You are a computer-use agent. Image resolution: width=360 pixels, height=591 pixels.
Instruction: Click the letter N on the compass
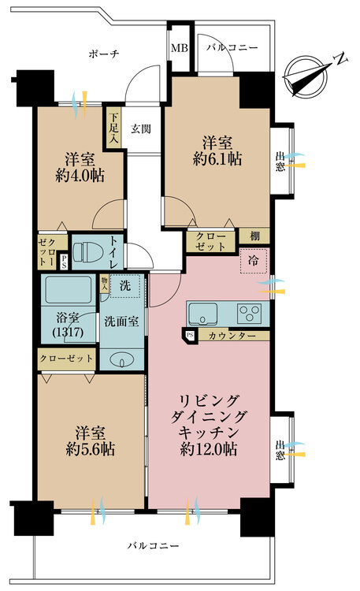click(x=341, y=60)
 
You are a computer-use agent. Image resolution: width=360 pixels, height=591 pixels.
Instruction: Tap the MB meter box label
click(x=179, y=48)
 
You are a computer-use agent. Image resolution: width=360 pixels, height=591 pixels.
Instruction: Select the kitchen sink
click(x=203, y=314)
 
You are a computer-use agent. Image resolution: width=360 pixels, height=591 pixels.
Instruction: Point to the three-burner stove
click(x=249, y=314)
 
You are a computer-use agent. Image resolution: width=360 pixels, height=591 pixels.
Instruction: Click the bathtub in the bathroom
click(x=69, y=290)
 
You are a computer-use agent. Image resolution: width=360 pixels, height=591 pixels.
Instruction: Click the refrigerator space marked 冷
click(x=254, y=261)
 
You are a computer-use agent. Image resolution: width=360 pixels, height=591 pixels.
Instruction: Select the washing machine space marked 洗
click(x=124, y=286)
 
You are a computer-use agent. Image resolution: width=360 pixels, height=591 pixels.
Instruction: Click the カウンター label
click(x=232, y=336)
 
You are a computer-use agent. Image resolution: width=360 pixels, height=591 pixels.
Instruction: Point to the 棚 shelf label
click(x=254, y=236)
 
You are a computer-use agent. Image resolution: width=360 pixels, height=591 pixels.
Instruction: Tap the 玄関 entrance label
click(x=141, y=129)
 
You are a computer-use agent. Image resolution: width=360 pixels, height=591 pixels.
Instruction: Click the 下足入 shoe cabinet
click(x=114, y=128)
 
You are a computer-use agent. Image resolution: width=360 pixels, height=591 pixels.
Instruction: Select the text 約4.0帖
click(x=80, y=176)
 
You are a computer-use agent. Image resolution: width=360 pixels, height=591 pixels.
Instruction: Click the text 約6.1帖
click(x=217, y=159)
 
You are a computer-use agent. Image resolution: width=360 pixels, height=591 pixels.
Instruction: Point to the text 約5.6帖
click(x=91, y=449)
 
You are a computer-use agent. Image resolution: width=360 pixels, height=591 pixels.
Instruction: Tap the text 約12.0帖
click(x=209, y=449)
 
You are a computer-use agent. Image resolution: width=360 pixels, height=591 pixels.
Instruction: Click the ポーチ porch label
click(x=104, y=54)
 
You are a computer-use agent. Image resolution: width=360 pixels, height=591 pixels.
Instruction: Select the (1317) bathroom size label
click(x=69, y=333)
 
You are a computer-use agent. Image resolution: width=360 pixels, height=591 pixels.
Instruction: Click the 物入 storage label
click(x=104, y=284)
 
